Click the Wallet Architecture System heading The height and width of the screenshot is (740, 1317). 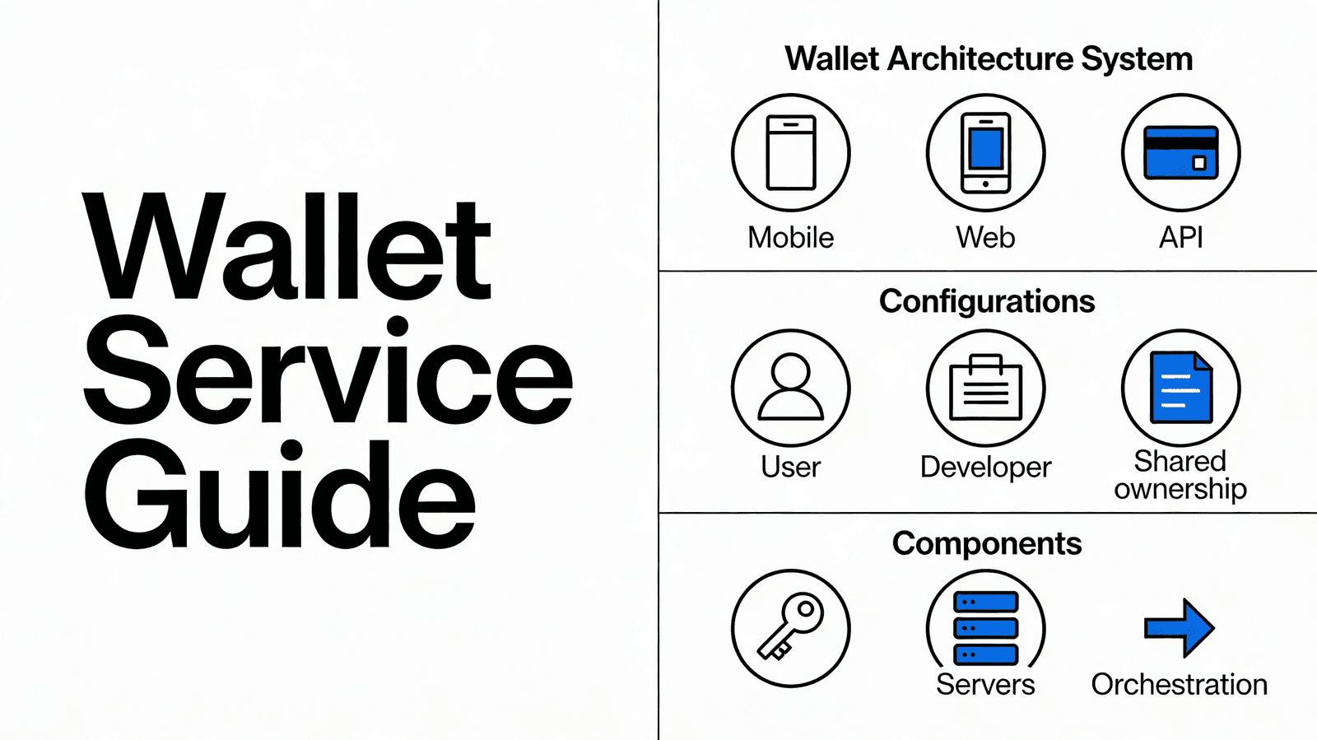(x=988, y=59)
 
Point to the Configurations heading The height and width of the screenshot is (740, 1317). (x=987, y=301)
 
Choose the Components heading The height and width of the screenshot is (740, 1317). (x=987, y=543)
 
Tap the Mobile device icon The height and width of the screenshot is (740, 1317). (x=791, y=153)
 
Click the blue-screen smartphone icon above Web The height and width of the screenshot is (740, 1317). (x=985, y=153)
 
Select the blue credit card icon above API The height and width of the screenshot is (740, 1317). (x=1180, y=153)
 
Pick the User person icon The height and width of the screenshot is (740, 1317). (x=791, y=388)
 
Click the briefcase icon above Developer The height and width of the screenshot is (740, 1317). (x=985, y=389)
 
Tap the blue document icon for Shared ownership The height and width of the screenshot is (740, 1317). (x=1180, y=388)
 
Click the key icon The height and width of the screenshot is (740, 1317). (x=791, y=627)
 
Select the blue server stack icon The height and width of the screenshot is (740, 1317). (x=985, y=627)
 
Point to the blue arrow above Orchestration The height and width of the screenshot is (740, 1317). (x=1180, y=627)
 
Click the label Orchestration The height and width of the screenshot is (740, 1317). (x=1179, y=685)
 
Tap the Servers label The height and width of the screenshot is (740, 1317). (x=985, y=685)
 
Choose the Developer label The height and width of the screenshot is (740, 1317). (x=985, y=468)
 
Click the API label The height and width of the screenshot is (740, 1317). (x=1180, y=238)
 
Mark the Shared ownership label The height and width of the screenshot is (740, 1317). (x=1180, y=475)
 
